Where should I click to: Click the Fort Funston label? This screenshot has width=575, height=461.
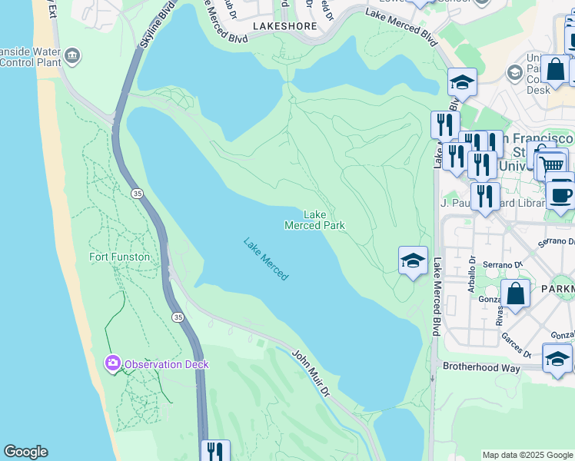click(x=119, y=257)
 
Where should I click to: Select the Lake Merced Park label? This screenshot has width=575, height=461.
click(x=314, y=221)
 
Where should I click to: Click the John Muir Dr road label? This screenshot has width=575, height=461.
click(x=311, y=371)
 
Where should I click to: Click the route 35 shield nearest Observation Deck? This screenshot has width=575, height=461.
click(x=178, y=317)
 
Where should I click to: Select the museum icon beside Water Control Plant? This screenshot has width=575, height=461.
click(x=72, y=55)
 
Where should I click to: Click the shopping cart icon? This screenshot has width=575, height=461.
click(x=550, y=164)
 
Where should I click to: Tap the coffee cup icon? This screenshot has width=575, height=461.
click(x=561, y=194)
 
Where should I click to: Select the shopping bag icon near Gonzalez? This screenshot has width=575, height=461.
click(x=515, y=294)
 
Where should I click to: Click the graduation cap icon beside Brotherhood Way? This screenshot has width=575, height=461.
click(x=557, y=359)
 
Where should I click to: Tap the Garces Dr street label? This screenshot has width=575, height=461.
click(x=517, y=343)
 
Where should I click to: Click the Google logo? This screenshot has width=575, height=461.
click(x=25, y=452)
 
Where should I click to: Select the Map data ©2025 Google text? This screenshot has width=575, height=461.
click(x=527, y=455)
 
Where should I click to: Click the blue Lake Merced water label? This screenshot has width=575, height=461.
click(x=266, y=258)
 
